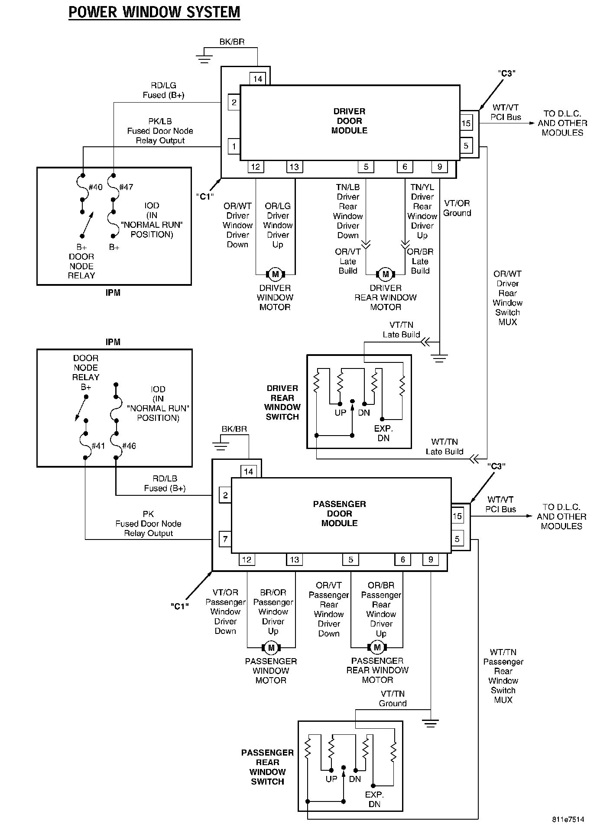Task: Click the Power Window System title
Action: click(x=154, y=12)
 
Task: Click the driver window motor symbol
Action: click(x=275, y=274)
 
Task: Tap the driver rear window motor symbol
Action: click(x=386, y=274)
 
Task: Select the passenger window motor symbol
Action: click(x=271, y=648)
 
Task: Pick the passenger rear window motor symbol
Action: click(x=377, y=647)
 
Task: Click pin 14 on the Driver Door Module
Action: click(x=258, y=79)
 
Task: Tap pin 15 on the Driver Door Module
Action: click(x=466, y=123)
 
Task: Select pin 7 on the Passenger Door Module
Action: click(x=225, y=540)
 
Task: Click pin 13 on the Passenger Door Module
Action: click(x=295, y=559)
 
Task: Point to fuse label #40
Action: click(x=95, y=187)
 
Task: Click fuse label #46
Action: click(x=129, y=446)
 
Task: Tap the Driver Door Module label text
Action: click(x=349, y=121)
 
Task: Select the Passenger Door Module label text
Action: click(x=339, y=514)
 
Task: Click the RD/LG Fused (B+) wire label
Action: click(x=164, y=90)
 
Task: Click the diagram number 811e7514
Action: click(x=568, y=819)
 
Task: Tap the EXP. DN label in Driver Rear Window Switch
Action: click(x=383, y=433)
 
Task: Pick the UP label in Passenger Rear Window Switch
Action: click(x=331, y=779)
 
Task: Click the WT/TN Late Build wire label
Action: click(x=445, y=446)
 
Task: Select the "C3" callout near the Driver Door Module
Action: click(x=506, y=74)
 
